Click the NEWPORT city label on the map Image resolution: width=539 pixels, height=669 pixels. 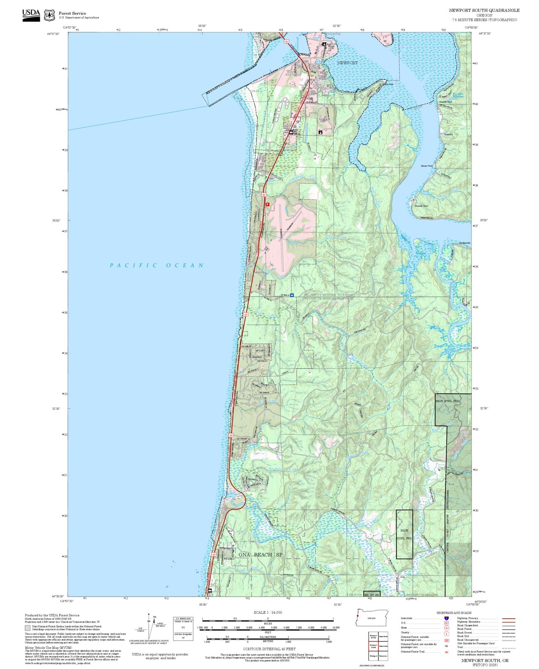coord(347,63)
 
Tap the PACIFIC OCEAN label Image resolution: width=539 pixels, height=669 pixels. coord(157,266)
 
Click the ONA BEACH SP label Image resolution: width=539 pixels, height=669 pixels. coord(260,555)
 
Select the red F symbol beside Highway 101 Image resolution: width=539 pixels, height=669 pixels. coord(267,204)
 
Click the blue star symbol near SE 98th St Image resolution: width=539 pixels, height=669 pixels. coord(292,295)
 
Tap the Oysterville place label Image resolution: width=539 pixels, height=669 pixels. coord(465,243)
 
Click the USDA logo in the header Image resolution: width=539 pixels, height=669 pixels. coord(31,15)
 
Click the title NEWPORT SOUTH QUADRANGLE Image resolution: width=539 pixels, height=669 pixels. coord(484,10)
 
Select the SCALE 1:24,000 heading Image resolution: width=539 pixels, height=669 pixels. coord(268,612)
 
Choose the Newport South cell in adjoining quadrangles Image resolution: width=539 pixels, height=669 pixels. coord(373,646)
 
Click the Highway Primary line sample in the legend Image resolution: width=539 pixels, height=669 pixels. coord(509,618)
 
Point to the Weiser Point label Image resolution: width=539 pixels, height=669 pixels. coord(427,166)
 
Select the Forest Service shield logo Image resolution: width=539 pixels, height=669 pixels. coord(49,15)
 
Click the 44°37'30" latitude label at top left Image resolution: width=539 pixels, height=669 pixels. coord(55,34)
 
